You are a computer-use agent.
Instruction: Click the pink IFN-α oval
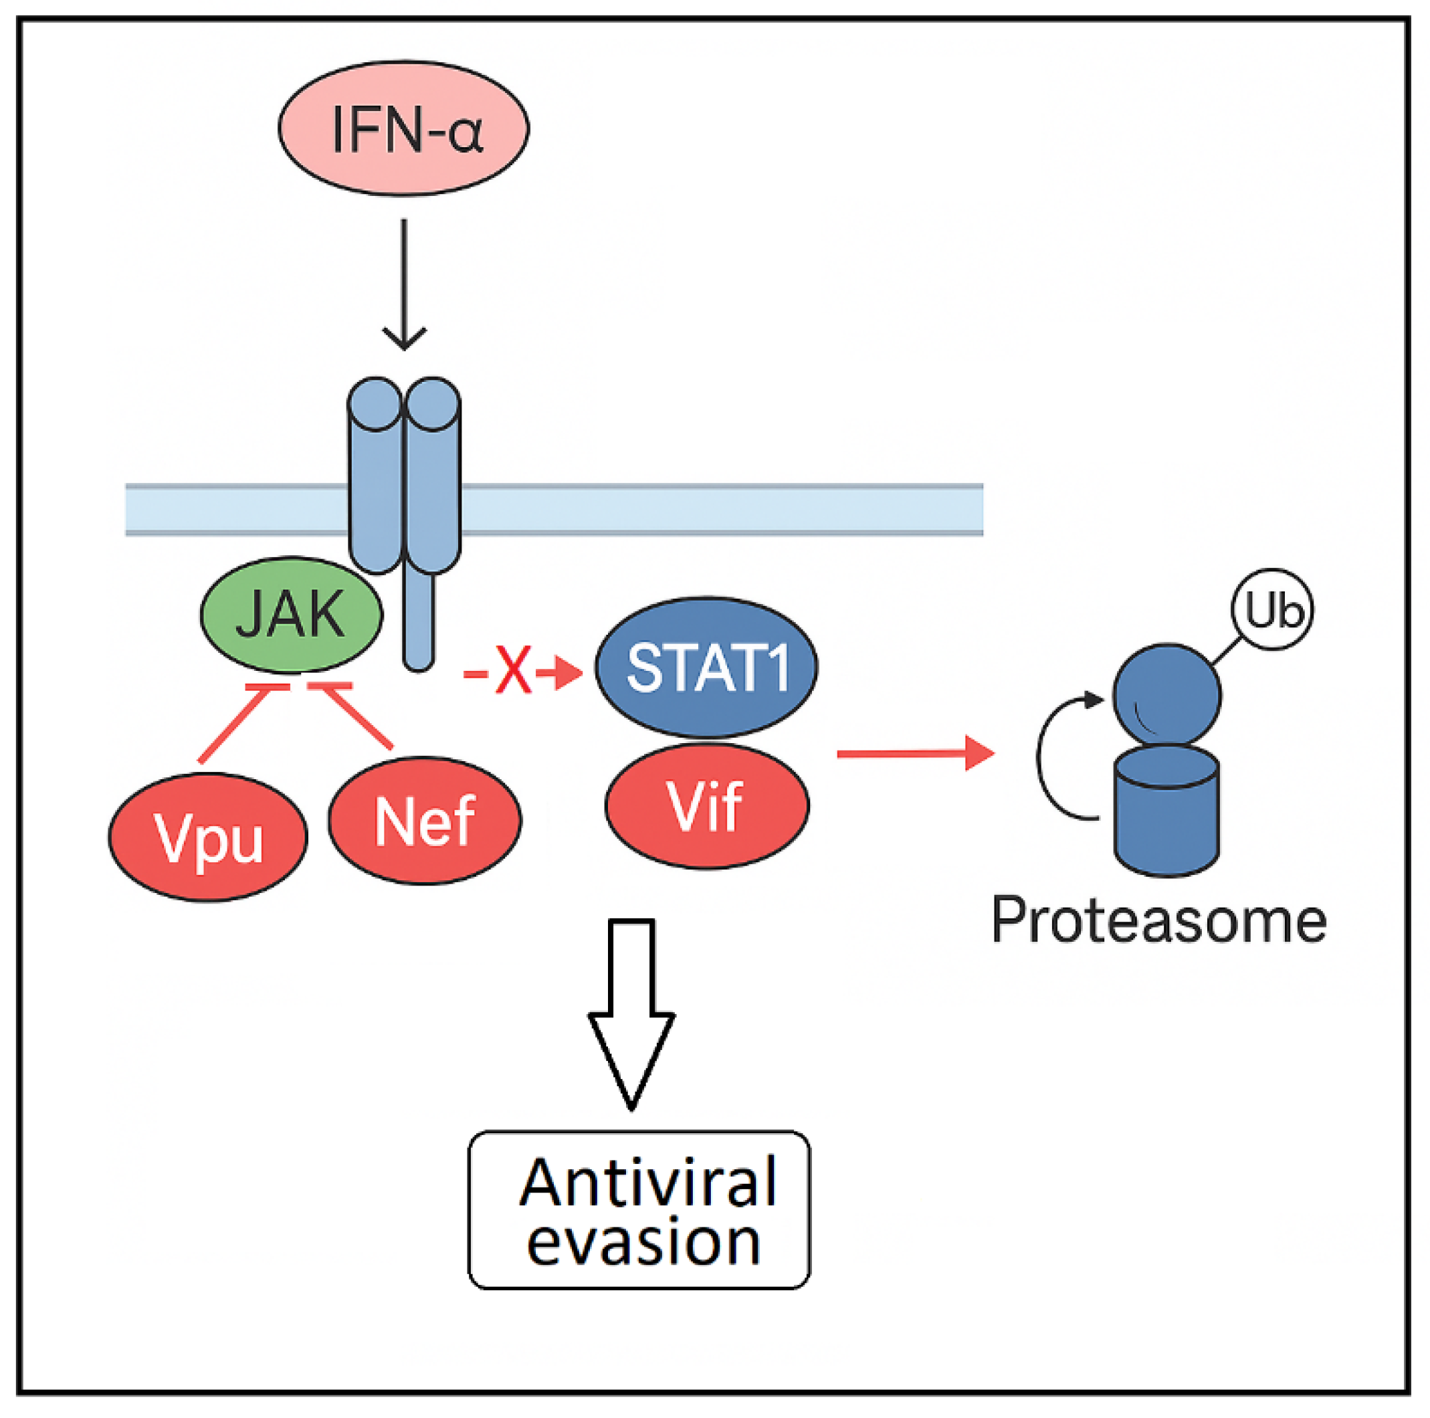[403, 128]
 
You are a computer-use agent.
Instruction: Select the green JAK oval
[291, 614]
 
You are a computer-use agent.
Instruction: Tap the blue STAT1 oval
[706, 667]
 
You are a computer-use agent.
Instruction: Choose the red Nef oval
[425, 820]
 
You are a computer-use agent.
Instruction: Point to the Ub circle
[1272, 610]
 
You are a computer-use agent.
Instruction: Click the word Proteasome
[1158, 920]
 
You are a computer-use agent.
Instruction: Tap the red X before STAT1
[514, 670]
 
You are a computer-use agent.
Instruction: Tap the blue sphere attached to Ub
[1167, 695]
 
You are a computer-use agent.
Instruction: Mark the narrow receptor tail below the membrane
[419, 621]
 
